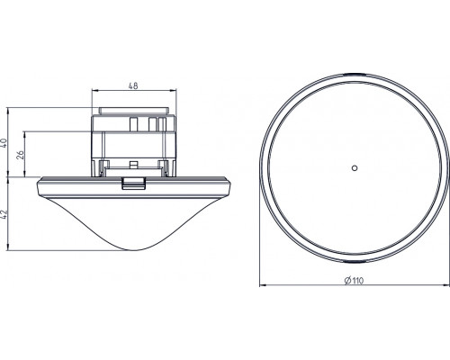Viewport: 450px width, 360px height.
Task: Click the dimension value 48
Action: (133, 86)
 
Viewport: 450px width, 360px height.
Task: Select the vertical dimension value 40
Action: (4, 142)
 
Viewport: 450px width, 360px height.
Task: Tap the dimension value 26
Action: (20, 155)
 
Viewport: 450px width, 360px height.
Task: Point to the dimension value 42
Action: (4, 214)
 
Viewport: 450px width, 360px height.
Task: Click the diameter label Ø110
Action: (355, 281)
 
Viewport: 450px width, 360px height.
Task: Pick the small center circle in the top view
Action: (355, 168)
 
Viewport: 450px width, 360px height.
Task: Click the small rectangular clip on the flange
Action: (134, 184)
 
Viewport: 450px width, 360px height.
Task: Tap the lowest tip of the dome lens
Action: (134, 250)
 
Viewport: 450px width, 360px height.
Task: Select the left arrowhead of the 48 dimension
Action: (94, 90)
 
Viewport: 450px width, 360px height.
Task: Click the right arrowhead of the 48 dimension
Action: (174, 90)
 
